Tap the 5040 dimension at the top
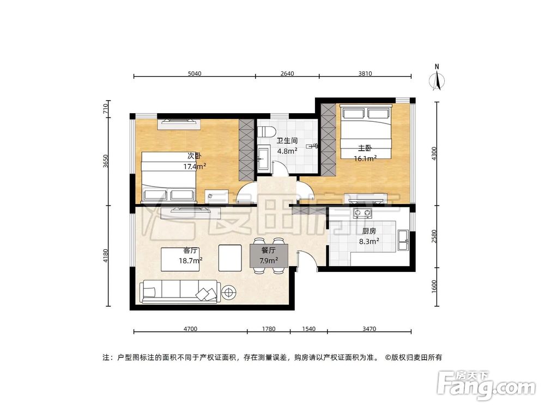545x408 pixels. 194,73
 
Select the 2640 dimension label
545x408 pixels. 287,73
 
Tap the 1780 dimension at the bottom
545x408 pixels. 268,329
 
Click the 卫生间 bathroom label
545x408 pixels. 287,140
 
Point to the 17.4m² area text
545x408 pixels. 195,167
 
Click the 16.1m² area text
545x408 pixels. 365,158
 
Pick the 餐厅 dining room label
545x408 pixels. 269,251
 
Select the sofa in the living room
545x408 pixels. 180,292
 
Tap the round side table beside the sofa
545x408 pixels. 228,293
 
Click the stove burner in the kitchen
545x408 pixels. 361,213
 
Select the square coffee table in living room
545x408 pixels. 229,257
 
